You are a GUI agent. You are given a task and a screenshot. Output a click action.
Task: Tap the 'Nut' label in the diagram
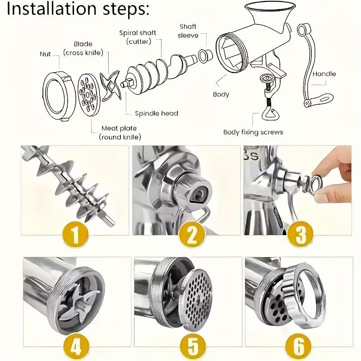(x=45, y=54)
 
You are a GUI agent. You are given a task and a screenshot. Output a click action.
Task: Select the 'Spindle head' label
(x=157, y=113)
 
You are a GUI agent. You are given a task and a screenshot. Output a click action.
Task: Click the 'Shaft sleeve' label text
(x=188, y=31)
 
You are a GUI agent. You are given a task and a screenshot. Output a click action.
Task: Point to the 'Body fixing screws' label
(x=253, y=132)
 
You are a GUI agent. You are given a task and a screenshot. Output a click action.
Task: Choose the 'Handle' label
(x=324, y=74)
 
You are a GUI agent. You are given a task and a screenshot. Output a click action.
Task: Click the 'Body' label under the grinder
(x=221, y=94)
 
